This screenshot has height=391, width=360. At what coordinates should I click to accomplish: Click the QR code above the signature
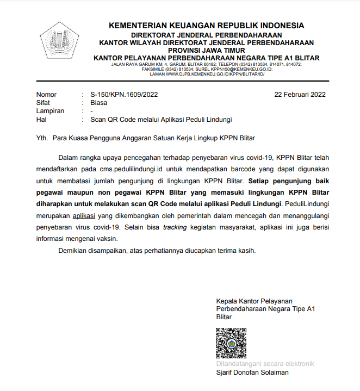coord(231,343)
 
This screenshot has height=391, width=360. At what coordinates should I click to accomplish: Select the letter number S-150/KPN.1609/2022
coord(124,94)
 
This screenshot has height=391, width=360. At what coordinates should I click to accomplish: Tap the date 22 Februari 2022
coord(300,94)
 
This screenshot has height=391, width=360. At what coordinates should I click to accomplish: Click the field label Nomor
coord(46,94)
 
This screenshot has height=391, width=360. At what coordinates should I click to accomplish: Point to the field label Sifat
coord(44,102)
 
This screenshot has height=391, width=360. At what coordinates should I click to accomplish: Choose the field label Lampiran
coord(50,111)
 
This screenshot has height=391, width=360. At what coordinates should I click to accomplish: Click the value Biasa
coord(98,102)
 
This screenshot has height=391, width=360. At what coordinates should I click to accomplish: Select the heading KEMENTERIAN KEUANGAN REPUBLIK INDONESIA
coord(206,26)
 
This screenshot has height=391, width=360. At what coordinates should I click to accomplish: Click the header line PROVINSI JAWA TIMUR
coord(206,49)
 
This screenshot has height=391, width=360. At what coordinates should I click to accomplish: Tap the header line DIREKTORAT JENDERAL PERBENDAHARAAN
coord(206,35)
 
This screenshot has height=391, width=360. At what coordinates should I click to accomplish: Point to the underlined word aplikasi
coord(83,215)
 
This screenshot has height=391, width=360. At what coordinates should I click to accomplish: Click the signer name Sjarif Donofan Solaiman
coord(252,373)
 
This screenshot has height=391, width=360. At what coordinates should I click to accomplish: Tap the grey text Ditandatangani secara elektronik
coord(265,364)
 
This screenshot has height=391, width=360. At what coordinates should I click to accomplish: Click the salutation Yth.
coord(42,138)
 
